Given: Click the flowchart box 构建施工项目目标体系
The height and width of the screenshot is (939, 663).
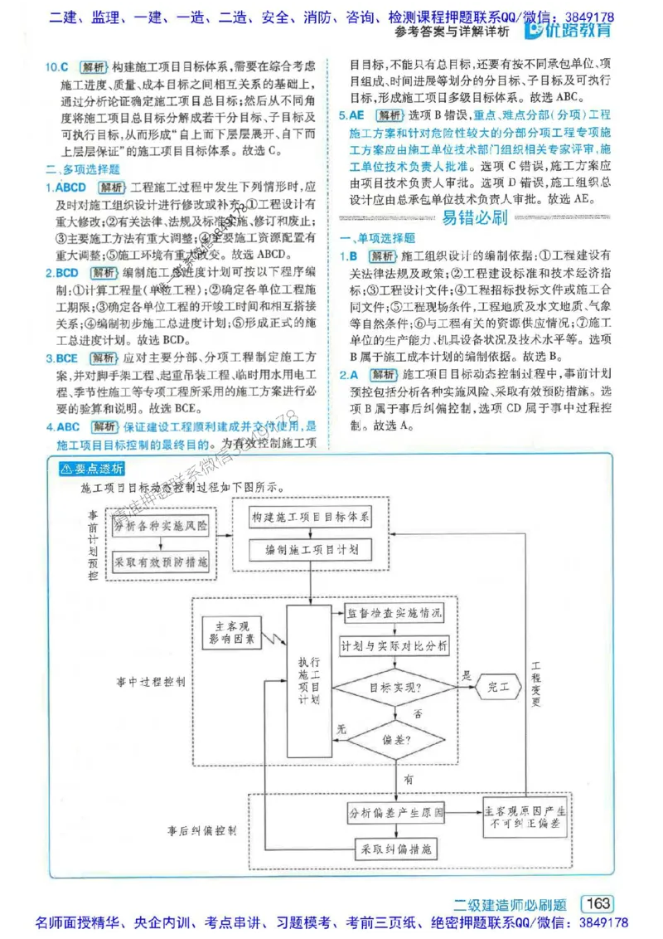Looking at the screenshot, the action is click(312, 518).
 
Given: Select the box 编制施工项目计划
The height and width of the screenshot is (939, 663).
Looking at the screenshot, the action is click(312, 549).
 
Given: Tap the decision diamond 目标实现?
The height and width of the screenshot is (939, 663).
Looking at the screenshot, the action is click(394, 687).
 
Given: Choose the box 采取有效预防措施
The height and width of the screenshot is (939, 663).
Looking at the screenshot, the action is click(162, 562).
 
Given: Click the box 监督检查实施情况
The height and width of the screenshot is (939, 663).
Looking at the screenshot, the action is click(394, 614).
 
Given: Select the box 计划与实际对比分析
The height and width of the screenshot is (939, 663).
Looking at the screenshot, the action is click(394, 645).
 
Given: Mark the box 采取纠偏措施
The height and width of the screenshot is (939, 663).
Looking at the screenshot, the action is click(394, 849).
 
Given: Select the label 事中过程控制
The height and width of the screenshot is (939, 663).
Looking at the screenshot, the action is click(151, 680).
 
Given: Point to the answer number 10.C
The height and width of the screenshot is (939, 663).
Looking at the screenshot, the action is click(58, 66).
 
